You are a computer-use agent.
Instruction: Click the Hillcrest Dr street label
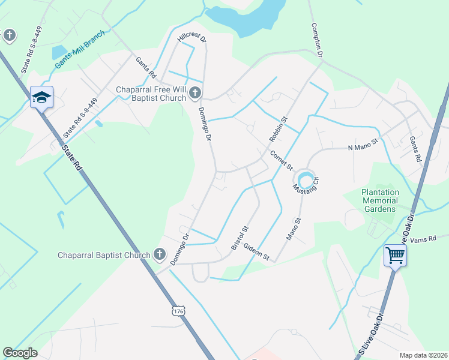tap(191, 39)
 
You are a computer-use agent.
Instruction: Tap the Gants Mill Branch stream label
tap(79, 46)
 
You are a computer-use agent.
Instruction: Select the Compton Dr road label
tap(317, 41)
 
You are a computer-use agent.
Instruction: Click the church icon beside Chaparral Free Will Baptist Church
tap(196, 92)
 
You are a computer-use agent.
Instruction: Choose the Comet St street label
tap(281, 159)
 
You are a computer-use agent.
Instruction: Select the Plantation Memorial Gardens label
tap(379, 200)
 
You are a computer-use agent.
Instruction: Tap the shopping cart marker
tap(395, 256)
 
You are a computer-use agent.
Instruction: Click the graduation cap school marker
tap(41, 97)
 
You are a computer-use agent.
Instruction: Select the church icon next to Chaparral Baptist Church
tap(159, 255)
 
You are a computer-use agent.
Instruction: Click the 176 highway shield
tap(178, 311)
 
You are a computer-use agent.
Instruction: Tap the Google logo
tap(20, 353)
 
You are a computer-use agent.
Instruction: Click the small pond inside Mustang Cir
tap(304, 178)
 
